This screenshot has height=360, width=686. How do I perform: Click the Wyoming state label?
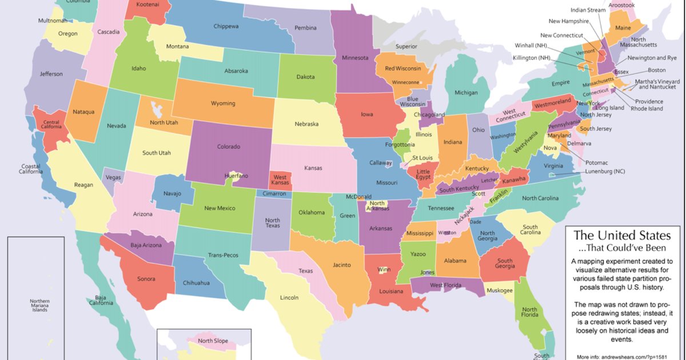pyautogui.click(x=223, y=103)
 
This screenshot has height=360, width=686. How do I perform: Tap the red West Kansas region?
pyautogui.click(x=280, y=181)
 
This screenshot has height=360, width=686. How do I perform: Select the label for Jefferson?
pyautogui.click(x=51, y=74)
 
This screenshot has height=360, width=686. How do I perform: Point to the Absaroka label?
pyautogui.click(x=236, y=71)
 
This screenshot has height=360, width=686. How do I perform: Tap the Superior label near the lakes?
pyautogui.click(x=406, y=46)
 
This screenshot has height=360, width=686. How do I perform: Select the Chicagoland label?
pyautogui.click(x=429, y=115)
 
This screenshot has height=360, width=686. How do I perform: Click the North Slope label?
pyautogui.click(x=213, y=341)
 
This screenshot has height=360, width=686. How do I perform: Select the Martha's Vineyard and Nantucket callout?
pyautogui.click(x=657, y=83)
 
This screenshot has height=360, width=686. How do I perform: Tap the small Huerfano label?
pyautogui.click(x=237, y=175)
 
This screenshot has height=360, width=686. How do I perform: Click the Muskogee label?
pyautogui.click(x=500, y=290)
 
